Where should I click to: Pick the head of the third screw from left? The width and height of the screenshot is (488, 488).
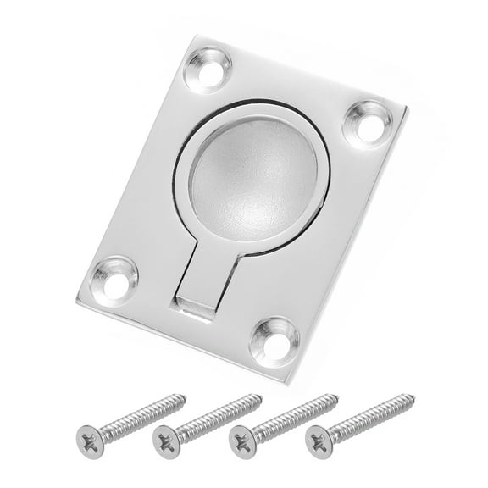pos(243,439)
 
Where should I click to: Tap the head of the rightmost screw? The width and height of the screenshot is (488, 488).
pos(319,438)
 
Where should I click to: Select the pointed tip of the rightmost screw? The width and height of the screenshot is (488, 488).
pos(414,395)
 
